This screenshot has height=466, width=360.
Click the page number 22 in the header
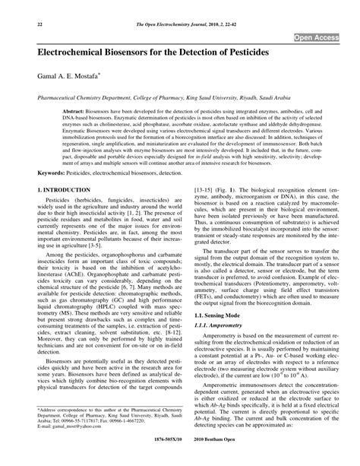17,24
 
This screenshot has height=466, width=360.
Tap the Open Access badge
320,37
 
